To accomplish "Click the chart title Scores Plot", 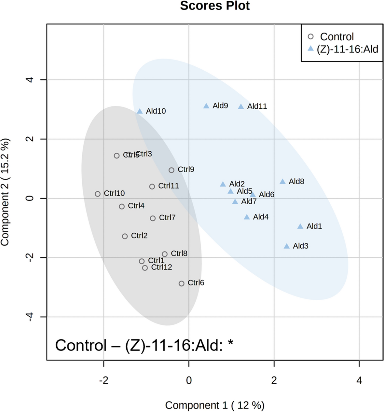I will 215,6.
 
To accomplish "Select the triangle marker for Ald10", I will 140,112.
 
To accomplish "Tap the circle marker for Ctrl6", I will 182,283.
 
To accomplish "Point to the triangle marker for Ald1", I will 300,227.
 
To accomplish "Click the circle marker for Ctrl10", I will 98,194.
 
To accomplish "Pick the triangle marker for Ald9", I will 206,106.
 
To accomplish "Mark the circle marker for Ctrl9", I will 171,170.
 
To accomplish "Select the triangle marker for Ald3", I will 287,246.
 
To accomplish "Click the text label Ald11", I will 257,106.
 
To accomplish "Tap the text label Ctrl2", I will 139,236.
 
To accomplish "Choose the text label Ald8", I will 296,182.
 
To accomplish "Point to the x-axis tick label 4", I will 359,380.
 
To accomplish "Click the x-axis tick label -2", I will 103,380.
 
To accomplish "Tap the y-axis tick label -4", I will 30,317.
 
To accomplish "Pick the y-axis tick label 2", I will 30,139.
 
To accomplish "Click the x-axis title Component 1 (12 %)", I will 215,405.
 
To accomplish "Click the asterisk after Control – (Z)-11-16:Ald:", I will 230,343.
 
